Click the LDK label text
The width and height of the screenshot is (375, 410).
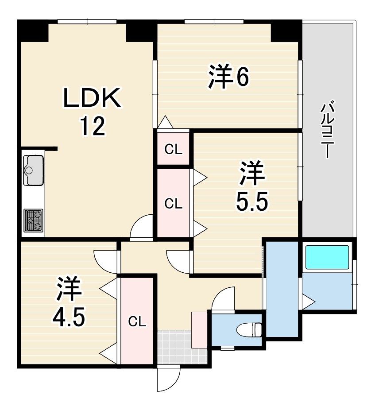[93, 98]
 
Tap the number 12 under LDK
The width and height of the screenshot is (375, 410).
[93, 126]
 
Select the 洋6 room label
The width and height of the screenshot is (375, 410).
[228, 76]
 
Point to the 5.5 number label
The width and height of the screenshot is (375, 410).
[252, 201]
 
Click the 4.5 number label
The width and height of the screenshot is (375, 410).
[69, 317]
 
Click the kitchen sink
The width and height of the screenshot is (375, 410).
[33, 170]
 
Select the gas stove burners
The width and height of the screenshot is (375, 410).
[33, 220]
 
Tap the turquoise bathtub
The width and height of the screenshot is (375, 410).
[327, 257]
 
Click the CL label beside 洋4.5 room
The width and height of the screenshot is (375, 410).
[137, 322]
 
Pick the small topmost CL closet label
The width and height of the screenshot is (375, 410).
[173, 150]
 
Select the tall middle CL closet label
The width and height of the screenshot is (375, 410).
[173, 203]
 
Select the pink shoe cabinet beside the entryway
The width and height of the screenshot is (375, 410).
[199, 330]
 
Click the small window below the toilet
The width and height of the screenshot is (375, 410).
[227, 348]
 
